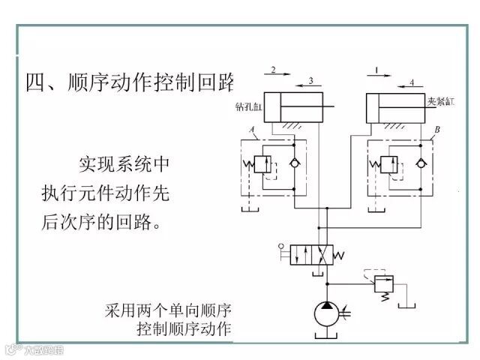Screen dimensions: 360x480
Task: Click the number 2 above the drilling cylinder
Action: [274, 70]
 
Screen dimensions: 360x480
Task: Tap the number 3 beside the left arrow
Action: [310, 80]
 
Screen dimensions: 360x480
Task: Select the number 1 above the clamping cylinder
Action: [377, 70]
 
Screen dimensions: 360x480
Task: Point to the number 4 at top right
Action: [412, 80]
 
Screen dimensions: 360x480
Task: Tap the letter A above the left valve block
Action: [253, 130]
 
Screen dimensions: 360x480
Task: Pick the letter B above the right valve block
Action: [437, 130]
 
